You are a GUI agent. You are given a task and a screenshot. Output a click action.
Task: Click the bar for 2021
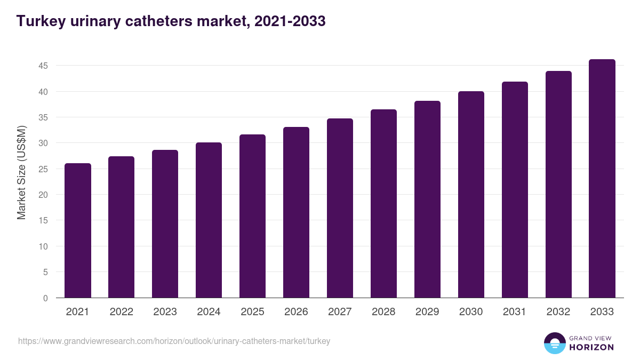tap(78, 230)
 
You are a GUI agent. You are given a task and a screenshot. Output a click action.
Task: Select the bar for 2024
tap(209, 220)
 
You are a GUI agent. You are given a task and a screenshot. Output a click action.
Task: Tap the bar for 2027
tap(340, 208)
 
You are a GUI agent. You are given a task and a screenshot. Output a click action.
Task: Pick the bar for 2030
tap(471, 194)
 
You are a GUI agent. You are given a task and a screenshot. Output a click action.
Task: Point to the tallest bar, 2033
tap(602, 178)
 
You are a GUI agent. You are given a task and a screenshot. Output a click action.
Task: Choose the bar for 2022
tap(121, 227)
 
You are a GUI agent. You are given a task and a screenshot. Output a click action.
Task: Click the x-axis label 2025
tap(252, 312)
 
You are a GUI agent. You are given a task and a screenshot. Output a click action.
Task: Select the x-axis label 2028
tap(383, 312)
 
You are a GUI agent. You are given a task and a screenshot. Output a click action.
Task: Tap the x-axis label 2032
tap(558, 312)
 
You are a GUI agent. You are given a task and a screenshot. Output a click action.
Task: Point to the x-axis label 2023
tap(165, 312)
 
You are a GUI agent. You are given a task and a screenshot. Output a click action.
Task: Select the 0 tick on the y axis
tap(45, 298)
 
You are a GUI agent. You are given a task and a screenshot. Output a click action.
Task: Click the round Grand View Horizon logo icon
tap(554, 343)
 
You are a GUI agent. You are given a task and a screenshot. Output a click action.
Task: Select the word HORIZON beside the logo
tap(591, 347)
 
